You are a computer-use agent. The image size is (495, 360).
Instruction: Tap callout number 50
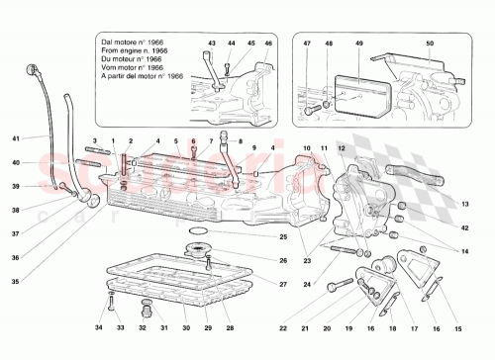point(430,44)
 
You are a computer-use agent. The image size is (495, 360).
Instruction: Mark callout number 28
point(231,326)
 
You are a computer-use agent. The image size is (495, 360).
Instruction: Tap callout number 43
point(212,44)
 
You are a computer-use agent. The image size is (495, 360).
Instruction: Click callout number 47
point(308,44)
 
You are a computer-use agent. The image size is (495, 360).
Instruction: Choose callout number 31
point(163,326)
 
